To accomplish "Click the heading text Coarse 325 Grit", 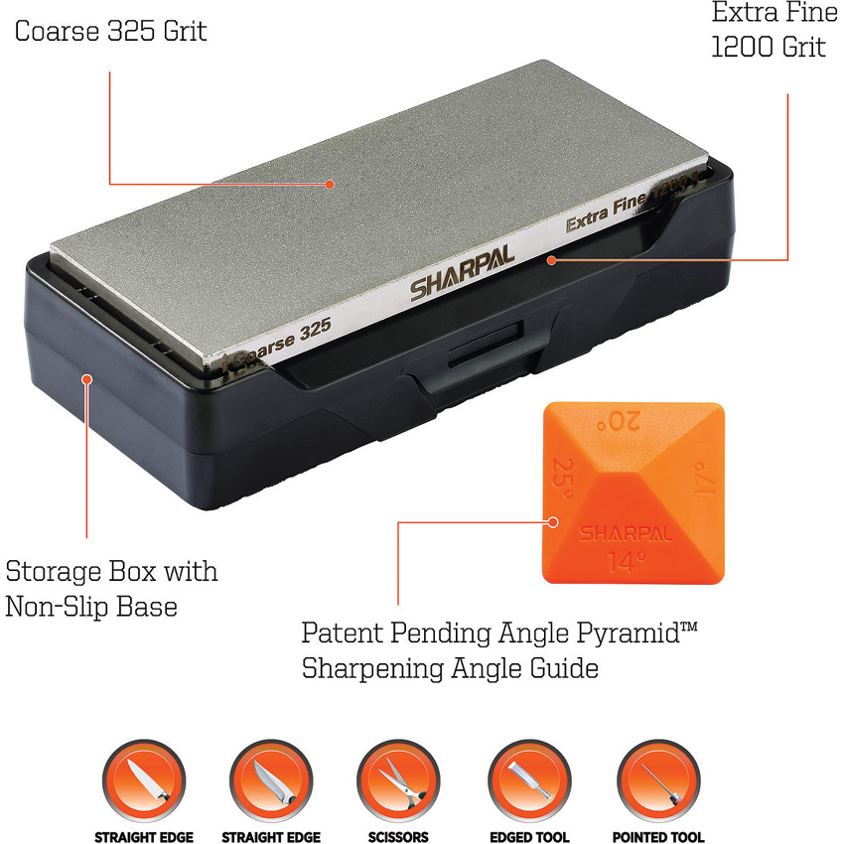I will point(110,30).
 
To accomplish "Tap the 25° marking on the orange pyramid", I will point(565,478).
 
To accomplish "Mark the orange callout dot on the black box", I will point(88,378).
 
